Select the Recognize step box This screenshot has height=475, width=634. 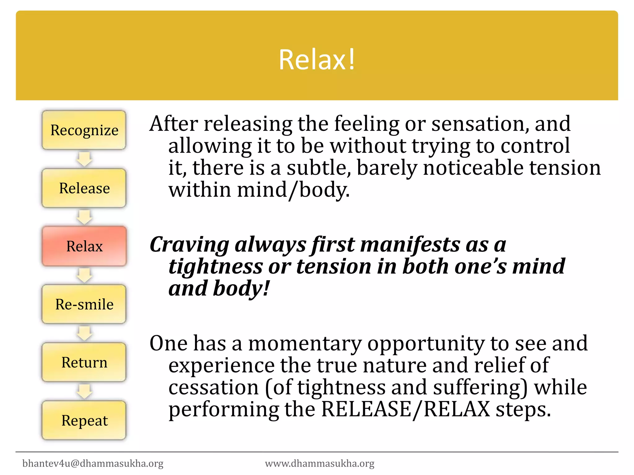[84, 130]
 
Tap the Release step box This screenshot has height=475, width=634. [84, 188]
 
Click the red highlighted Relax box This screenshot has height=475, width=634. [84, 246]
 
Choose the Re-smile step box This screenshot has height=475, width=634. [84, 304]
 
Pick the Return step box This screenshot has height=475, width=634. [84, 362]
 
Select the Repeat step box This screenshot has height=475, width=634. [84, 420]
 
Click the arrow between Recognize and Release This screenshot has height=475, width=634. [84, 159]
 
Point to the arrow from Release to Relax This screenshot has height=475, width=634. [84, 217]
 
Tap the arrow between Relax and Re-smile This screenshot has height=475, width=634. [84, 275]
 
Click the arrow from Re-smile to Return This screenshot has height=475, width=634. [84, 333]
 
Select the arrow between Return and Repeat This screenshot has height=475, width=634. [84, 391]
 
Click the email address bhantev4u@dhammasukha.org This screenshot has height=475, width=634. [93, 463]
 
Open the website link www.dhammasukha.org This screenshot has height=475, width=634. [319, 463]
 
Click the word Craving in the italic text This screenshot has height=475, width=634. [189, 245]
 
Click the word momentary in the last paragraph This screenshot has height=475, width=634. [305, 343]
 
